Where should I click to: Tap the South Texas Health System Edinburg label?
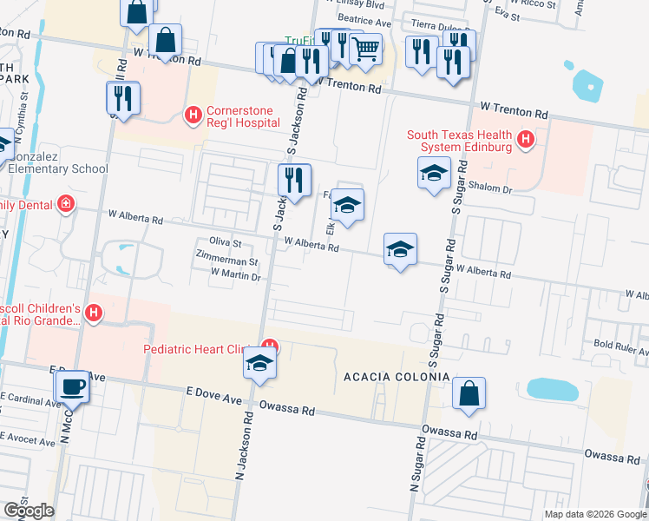460,140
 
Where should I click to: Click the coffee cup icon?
71,386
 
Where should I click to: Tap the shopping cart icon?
366,49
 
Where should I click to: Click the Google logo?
28,511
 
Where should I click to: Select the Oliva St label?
225,243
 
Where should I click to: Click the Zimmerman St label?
227,260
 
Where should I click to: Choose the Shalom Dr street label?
491,186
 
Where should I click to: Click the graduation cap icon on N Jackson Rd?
259,364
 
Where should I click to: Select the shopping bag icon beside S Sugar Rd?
469,393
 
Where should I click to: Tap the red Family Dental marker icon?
66,205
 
